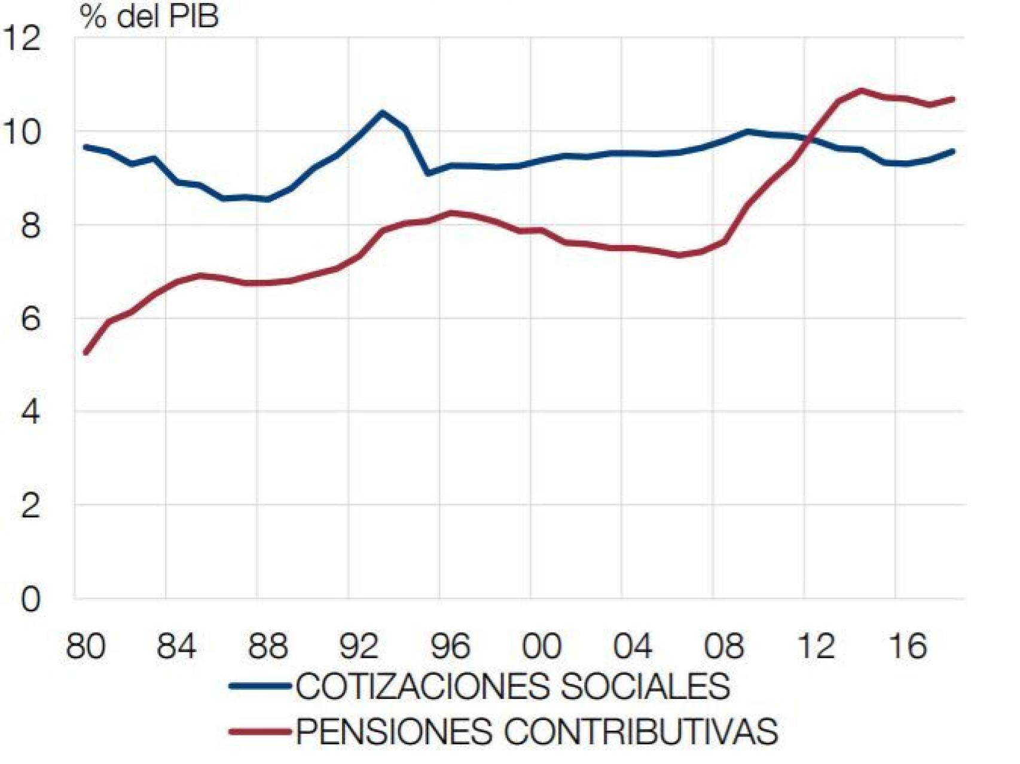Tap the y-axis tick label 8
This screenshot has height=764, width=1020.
pos(30,226)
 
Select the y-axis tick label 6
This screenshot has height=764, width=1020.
pos(30,319)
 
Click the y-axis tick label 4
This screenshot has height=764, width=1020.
pos(30,412)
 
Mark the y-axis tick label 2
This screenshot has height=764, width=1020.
pos(30,506)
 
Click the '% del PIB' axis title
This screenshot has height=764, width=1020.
pos(149,17)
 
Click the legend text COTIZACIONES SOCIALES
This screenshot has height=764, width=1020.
pos(512,686)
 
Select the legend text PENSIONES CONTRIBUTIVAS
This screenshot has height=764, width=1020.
pos(536,731)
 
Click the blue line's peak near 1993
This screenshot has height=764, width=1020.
pos(383,112)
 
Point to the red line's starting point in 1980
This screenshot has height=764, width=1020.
pos(86,353)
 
